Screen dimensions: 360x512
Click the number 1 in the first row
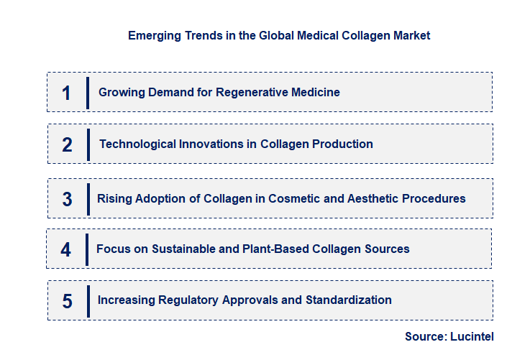(x=66, y=93)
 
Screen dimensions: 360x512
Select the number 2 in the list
(x=67, y=144)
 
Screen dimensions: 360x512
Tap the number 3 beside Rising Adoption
(x=67, y=199)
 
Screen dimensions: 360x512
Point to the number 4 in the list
(x=66, y=249)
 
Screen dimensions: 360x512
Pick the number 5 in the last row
(x=67, y=300)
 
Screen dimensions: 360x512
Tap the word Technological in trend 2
(x=135, y=144)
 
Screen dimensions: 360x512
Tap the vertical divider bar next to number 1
(x=87, y=93)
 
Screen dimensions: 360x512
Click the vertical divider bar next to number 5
(x=87, y=300)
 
